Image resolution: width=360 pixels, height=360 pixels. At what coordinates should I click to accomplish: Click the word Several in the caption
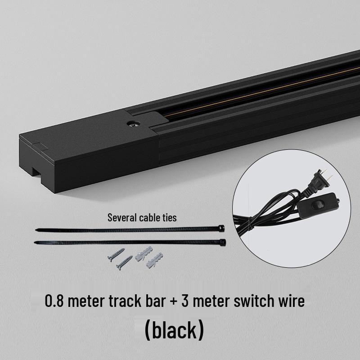(121, 218)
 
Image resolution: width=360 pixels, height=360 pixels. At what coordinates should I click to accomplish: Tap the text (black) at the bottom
(174, 330)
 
